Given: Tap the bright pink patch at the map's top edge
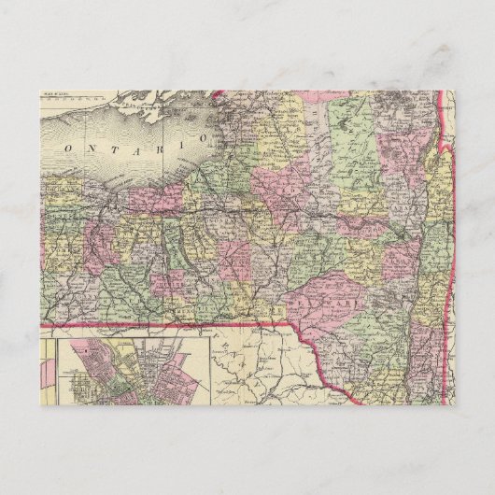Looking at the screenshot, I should point(224,93).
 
